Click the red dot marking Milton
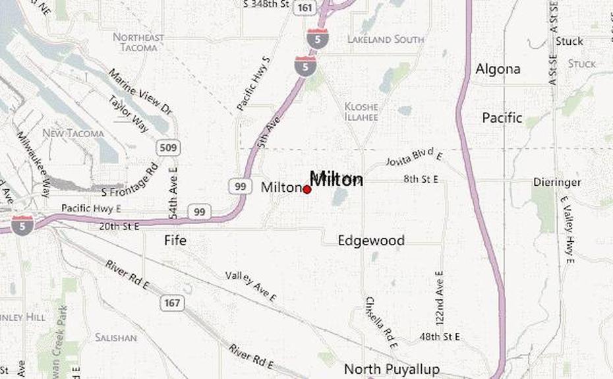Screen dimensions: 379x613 pos(307,189)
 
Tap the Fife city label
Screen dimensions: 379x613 pos(175,241)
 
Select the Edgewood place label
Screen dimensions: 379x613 pos(371,241)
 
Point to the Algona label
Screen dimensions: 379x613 pos(498,69)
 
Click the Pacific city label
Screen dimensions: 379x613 pos(502,119)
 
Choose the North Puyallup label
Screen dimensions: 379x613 pos(392,368)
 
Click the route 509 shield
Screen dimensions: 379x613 pos(169,148)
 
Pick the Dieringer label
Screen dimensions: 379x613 pos(558,182)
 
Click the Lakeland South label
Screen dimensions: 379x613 pos(386,40)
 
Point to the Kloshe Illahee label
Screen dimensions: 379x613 pos(361,111)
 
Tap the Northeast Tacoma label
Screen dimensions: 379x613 pos(138,42)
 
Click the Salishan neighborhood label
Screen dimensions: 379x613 pos(115,337)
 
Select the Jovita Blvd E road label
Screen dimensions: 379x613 pos(414,158)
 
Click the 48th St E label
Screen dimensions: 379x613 pos(440,337)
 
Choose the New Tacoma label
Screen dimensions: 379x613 pos(73,134)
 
